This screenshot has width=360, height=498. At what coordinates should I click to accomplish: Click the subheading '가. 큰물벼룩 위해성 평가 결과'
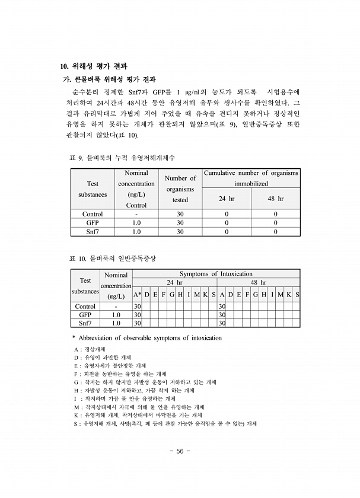[109, 79]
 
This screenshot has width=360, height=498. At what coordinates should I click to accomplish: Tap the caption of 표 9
[122, 158]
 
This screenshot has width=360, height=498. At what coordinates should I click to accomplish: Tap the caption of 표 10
[113, 259]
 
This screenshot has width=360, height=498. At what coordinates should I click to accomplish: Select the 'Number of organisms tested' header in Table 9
[180, 189]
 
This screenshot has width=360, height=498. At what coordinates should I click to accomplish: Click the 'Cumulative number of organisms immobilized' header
[251, 178]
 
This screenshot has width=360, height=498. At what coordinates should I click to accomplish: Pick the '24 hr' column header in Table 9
[227, 199]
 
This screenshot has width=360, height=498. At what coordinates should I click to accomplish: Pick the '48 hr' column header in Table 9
[275, 199]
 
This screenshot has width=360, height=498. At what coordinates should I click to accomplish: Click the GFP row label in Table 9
[93, 223]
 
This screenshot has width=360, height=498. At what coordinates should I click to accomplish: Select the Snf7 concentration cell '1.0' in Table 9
[136, 232]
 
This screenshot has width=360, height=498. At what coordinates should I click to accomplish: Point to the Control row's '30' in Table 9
[180, 214]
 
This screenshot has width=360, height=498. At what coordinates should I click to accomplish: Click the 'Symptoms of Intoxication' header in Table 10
[216, 274]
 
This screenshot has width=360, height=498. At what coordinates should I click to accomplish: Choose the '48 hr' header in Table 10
[258, 283]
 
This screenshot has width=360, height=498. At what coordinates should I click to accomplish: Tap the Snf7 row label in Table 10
[85, 323]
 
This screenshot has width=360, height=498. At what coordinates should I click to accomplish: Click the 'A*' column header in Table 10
[137, 295]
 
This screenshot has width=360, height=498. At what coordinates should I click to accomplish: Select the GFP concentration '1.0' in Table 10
[116, 315]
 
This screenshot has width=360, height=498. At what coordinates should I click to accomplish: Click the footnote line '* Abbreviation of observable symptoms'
[146, 338]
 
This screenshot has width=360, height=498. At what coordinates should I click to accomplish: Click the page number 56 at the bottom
[180, 451]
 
